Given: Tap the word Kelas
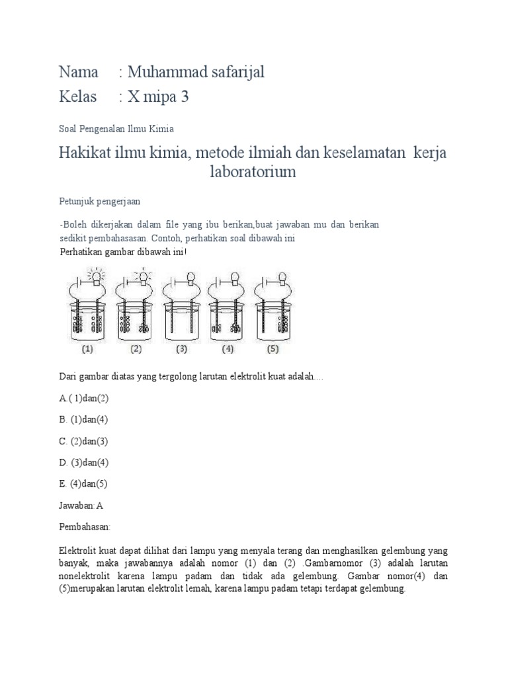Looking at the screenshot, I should coord(78,97).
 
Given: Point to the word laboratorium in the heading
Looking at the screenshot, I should coord(252,173).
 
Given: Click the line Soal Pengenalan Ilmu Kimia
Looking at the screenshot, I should coord(116,129).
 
